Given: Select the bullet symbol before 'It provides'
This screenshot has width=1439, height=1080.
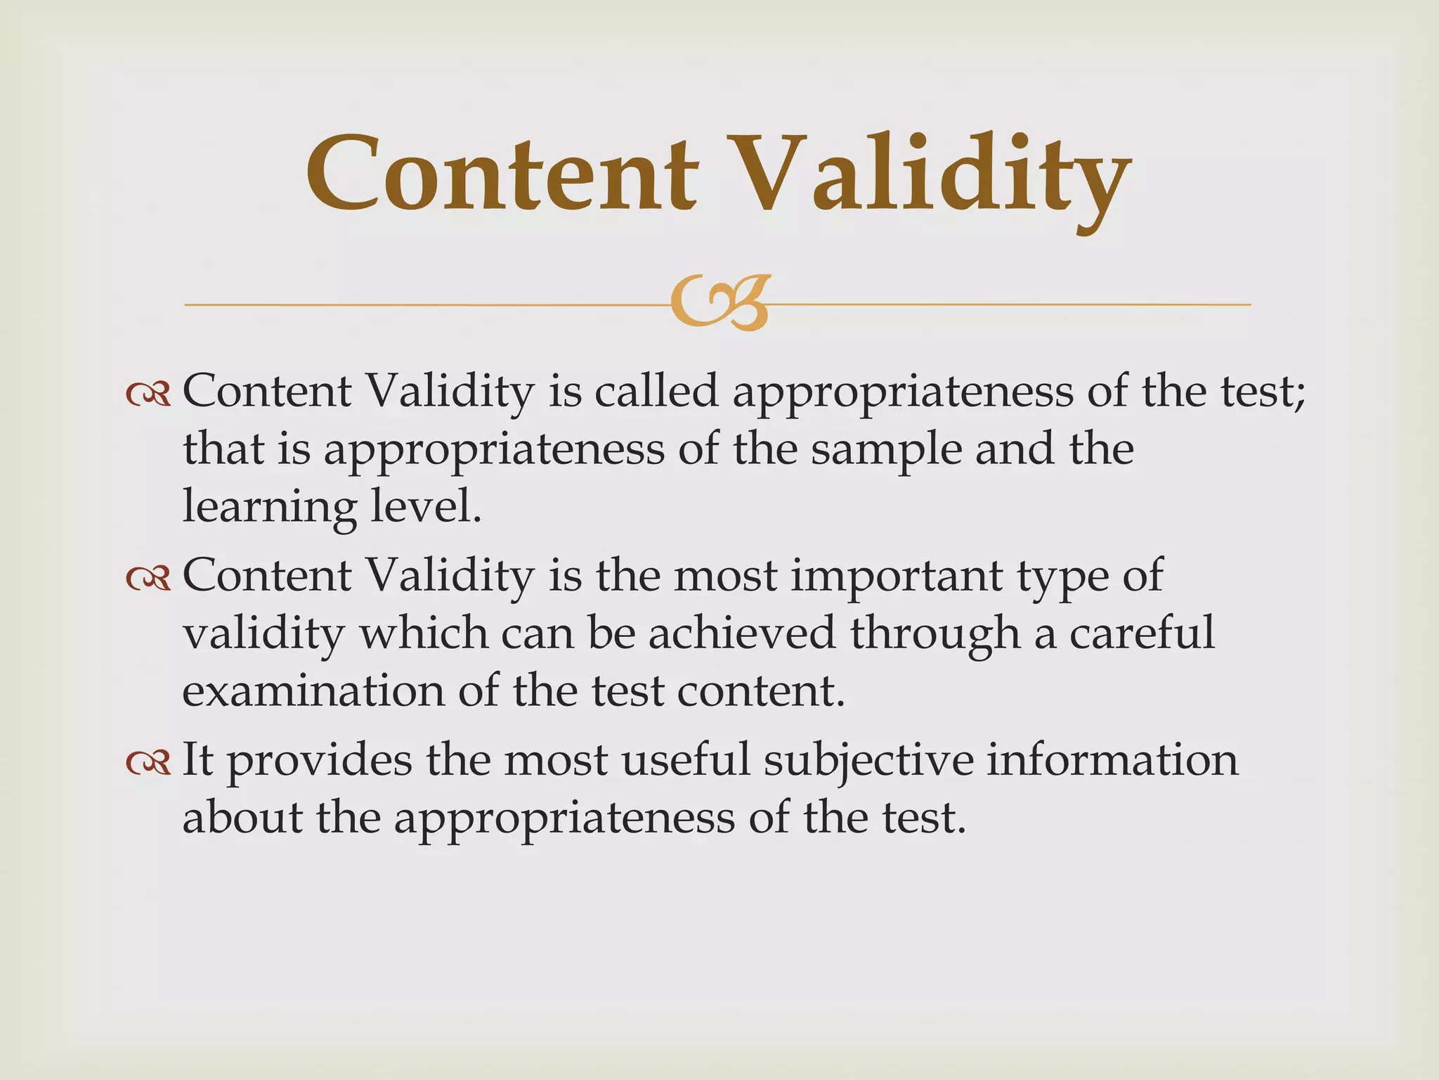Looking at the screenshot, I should (x=148, y=762).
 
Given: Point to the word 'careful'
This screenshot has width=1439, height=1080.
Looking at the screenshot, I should (x=1142, y=633).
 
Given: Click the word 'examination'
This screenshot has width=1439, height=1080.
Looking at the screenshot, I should (x=313, y=690).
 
